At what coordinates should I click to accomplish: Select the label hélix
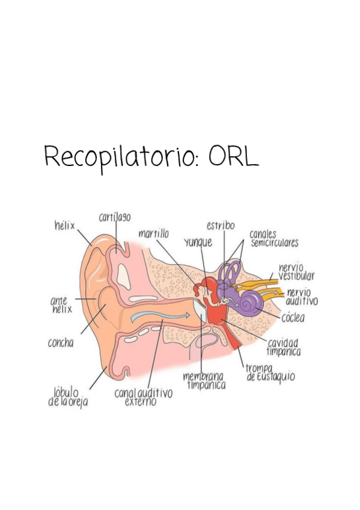(64, 226)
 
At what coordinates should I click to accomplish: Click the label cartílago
(115, 217)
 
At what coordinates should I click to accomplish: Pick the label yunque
(198, 243)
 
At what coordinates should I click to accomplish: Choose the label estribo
(221, 226)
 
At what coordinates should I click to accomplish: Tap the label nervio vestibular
(296, 271)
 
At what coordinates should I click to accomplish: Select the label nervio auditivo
(302, 296)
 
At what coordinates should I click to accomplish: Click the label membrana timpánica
(204, 380)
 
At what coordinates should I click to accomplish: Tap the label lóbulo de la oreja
(67, 397)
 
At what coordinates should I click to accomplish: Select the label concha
(61, 343)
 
